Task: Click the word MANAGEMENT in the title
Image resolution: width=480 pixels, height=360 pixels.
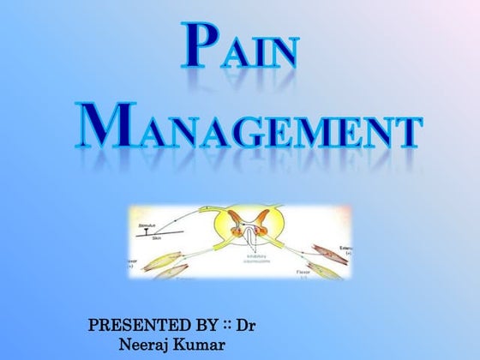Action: point(249,126)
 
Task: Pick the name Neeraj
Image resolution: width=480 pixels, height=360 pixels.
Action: point(148,345)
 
